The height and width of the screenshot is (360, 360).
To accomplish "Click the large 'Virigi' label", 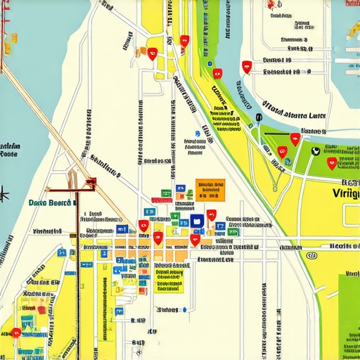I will (x=346, y=193).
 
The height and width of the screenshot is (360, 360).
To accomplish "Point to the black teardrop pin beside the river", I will (x=259, y=119).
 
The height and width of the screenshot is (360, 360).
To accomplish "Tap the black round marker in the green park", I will (x=314, y=150).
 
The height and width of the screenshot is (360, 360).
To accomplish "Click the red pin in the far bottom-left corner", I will (x=15, y=333).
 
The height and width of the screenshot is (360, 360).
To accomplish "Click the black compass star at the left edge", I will (x=4, y=191).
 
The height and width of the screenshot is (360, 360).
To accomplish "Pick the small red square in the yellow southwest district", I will (x=42, y=309).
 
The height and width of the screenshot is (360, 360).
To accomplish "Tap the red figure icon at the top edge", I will (x=272, y=5).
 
